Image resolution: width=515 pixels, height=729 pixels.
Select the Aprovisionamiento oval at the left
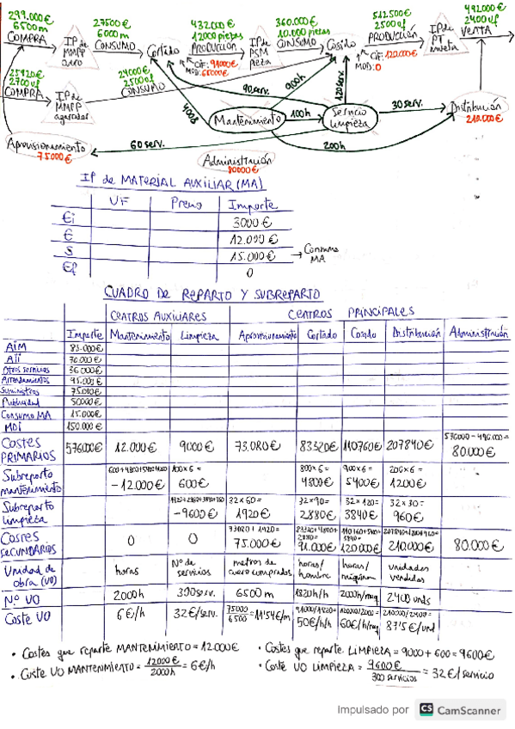(48, 146)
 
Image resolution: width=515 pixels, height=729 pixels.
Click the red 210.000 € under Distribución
(478, 119)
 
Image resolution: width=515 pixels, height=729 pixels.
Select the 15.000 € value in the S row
(252, 255)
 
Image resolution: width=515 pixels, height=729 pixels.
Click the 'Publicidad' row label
(30, 401)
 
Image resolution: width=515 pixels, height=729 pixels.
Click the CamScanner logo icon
(426, 709)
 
